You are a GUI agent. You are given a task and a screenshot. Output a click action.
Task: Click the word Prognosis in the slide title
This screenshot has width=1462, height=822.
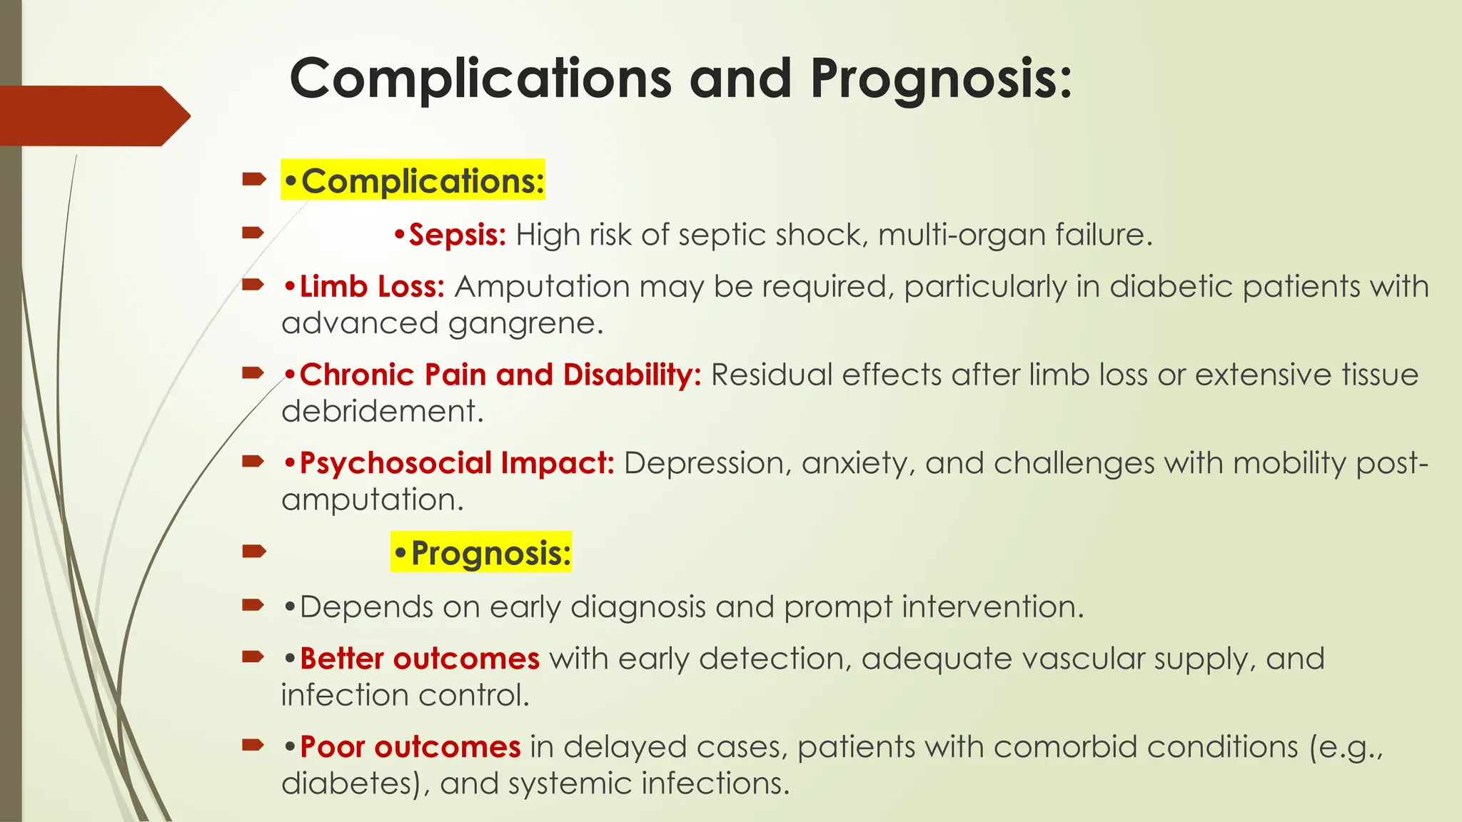(941, 78)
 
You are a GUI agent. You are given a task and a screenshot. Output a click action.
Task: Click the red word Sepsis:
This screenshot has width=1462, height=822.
(456, 235)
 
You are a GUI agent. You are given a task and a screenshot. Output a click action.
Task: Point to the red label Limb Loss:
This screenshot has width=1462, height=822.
(371, 287)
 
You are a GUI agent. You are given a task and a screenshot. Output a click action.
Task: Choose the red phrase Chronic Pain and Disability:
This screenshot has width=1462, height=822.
(499, 375)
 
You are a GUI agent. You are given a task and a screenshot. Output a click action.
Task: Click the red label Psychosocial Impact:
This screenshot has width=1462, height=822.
(456, 463)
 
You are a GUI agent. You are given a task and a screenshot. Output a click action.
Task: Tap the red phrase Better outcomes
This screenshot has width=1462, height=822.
(419, 659)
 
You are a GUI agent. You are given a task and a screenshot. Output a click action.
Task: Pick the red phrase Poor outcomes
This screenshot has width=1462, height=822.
(410, 747)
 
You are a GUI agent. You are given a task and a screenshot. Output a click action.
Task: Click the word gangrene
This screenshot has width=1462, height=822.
(526, 324)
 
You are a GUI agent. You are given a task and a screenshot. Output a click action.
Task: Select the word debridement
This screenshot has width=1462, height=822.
(382, 412)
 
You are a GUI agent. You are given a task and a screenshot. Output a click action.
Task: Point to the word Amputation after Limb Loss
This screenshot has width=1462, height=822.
(543, 287)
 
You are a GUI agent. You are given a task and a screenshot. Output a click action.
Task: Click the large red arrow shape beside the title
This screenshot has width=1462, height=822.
(93, 116)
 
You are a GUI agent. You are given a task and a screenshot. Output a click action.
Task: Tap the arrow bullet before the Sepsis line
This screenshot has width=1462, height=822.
(253, 233)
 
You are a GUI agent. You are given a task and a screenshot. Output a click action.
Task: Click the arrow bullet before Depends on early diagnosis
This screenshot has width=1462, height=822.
(253, 606)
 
